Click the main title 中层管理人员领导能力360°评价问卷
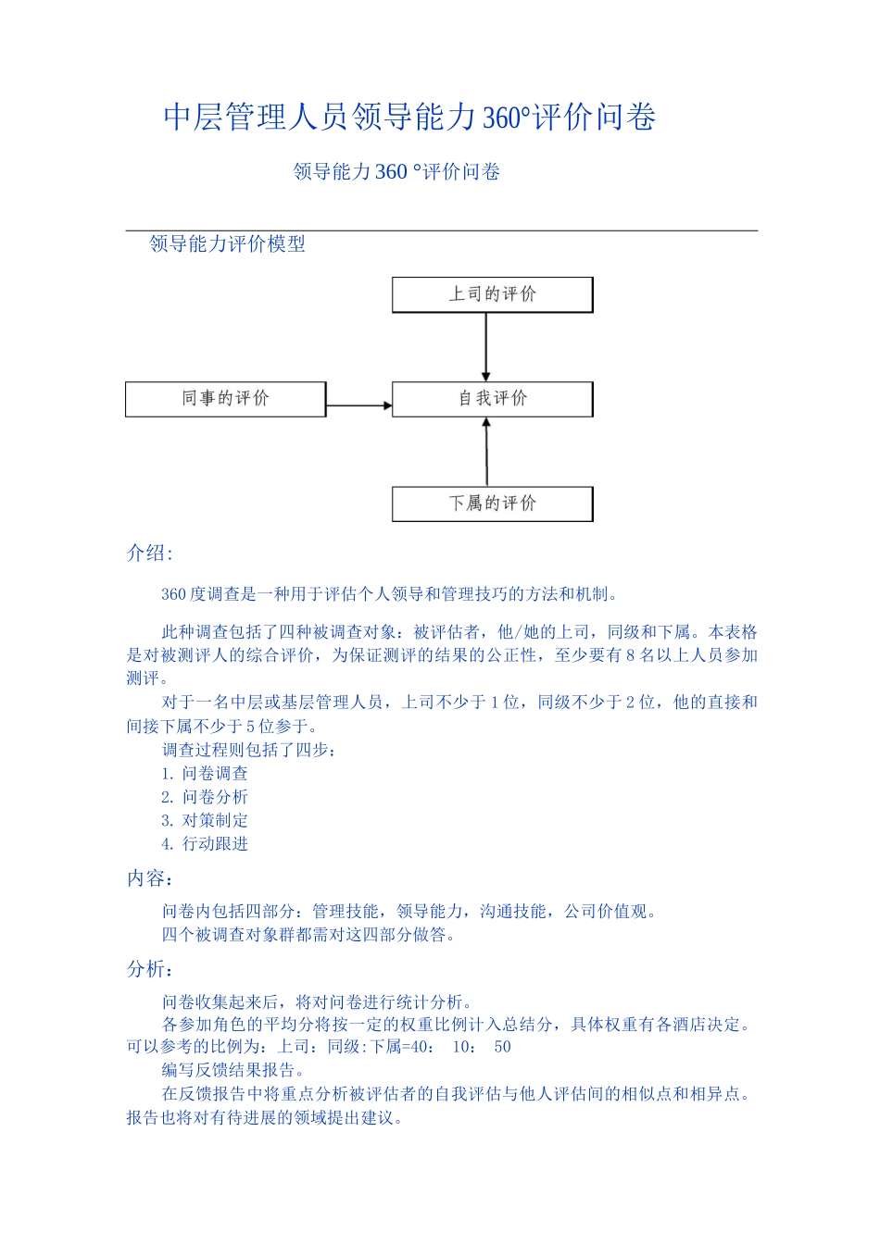[409, 118]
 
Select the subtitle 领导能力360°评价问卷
[396, 172]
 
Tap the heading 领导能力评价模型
[227, 244]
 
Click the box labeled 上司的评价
[492, 294]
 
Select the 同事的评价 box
[225, 399]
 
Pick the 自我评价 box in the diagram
[492, 399]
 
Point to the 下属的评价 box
[492, 504]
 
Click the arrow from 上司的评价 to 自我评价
[486, 347]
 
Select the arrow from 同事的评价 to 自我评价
[359, 405]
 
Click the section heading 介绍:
[149, 554]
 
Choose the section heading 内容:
[150, 878]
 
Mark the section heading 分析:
[150, 969]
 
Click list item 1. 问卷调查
[205, 774]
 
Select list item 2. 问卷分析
[205, 797]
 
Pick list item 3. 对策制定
[205, 820]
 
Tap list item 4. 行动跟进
[205, 844]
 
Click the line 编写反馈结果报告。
[233, 1070]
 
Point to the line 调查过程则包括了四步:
[250, 750]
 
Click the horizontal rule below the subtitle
[442, 230]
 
